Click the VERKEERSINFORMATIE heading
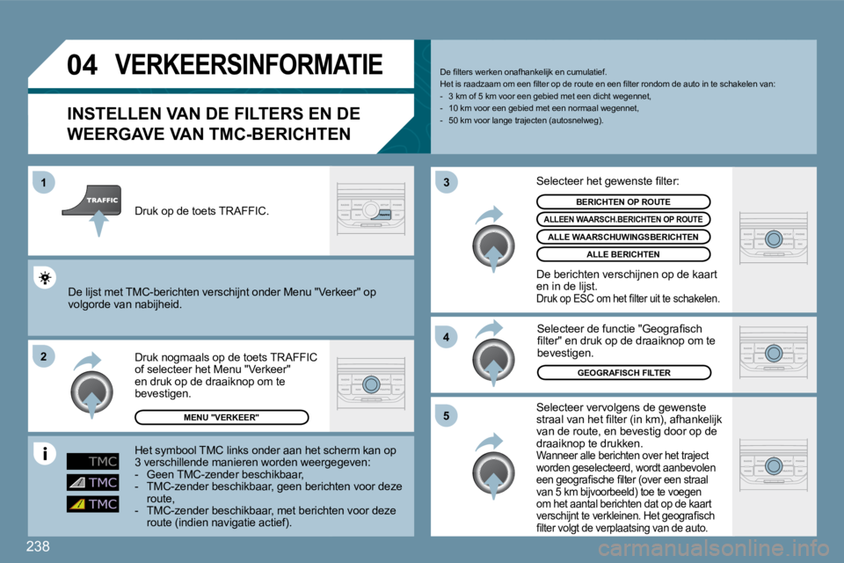pyautogui.click(x=250, y=65)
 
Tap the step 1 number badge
pyautogui.click(x=43, y=182)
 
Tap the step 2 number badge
pyautogui.click(x=43, y=355)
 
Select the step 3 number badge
pyautogui.click(x=446, y=182)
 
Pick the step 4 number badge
pyautogui.click(x=446, y=337)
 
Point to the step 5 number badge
pyautogui.click(x=446, y=415)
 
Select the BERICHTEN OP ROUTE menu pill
pyautogui.click(x=622, y=201)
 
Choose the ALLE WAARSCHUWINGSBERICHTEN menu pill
pyautogui.click(x=622, y=237)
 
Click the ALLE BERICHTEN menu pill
pyautogui.click(x=622, y=254)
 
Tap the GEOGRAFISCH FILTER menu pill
pyautogui.click(x=622, y=373)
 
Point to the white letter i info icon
pyautogui.click(x=43, y=455)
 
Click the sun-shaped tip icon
pyautogui.click(x=43, y=279)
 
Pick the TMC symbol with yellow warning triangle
pyautogui.click(x=92, y=504)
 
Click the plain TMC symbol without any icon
pyautogui.click(x=92, y=461)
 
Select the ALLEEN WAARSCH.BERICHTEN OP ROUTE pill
pyautogui.click(x=622, y=219)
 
